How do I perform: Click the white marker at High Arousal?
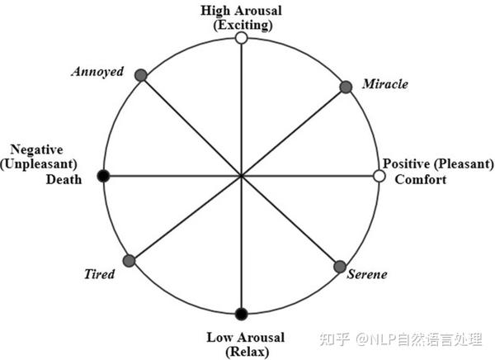pos(241,38)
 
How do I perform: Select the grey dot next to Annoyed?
pos(140,75)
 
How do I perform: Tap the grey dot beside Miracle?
pos(346,87)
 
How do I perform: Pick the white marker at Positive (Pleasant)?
pos(379,176)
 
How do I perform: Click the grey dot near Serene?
pos(340,267)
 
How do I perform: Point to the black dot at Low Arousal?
pos(241,313)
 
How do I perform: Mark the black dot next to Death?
pos(103,176)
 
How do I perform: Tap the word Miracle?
pos(384,85)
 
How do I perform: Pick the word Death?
pos(64,179)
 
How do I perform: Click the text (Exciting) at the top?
pos(241,24)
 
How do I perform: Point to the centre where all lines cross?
pos(241,176)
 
